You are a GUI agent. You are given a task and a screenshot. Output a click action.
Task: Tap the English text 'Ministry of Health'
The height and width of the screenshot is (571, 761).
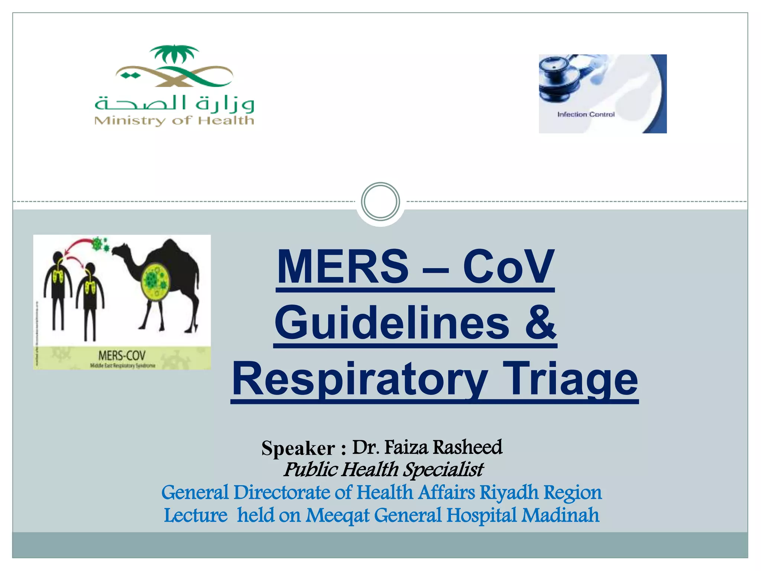(174, 120)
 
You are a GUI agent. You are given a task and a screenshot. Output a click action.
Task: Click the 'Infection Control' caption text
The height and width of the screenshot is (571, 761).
(586, 114)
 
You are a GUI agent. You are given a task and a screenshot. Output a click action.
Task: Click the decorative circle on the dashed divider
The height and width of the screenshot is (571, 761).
(380, 201)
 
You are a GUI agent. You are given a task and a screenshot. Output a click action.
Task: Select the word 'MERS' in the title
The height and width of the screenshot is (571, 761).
(343, 267)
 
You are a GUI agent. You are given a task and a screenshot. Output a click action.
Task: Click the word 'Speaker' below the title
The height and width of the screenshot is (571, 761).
(298, 448)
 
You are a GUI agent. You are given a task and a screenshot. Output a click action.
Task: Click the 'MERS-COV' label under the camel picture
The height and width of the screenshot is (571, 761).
(122, 356)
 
